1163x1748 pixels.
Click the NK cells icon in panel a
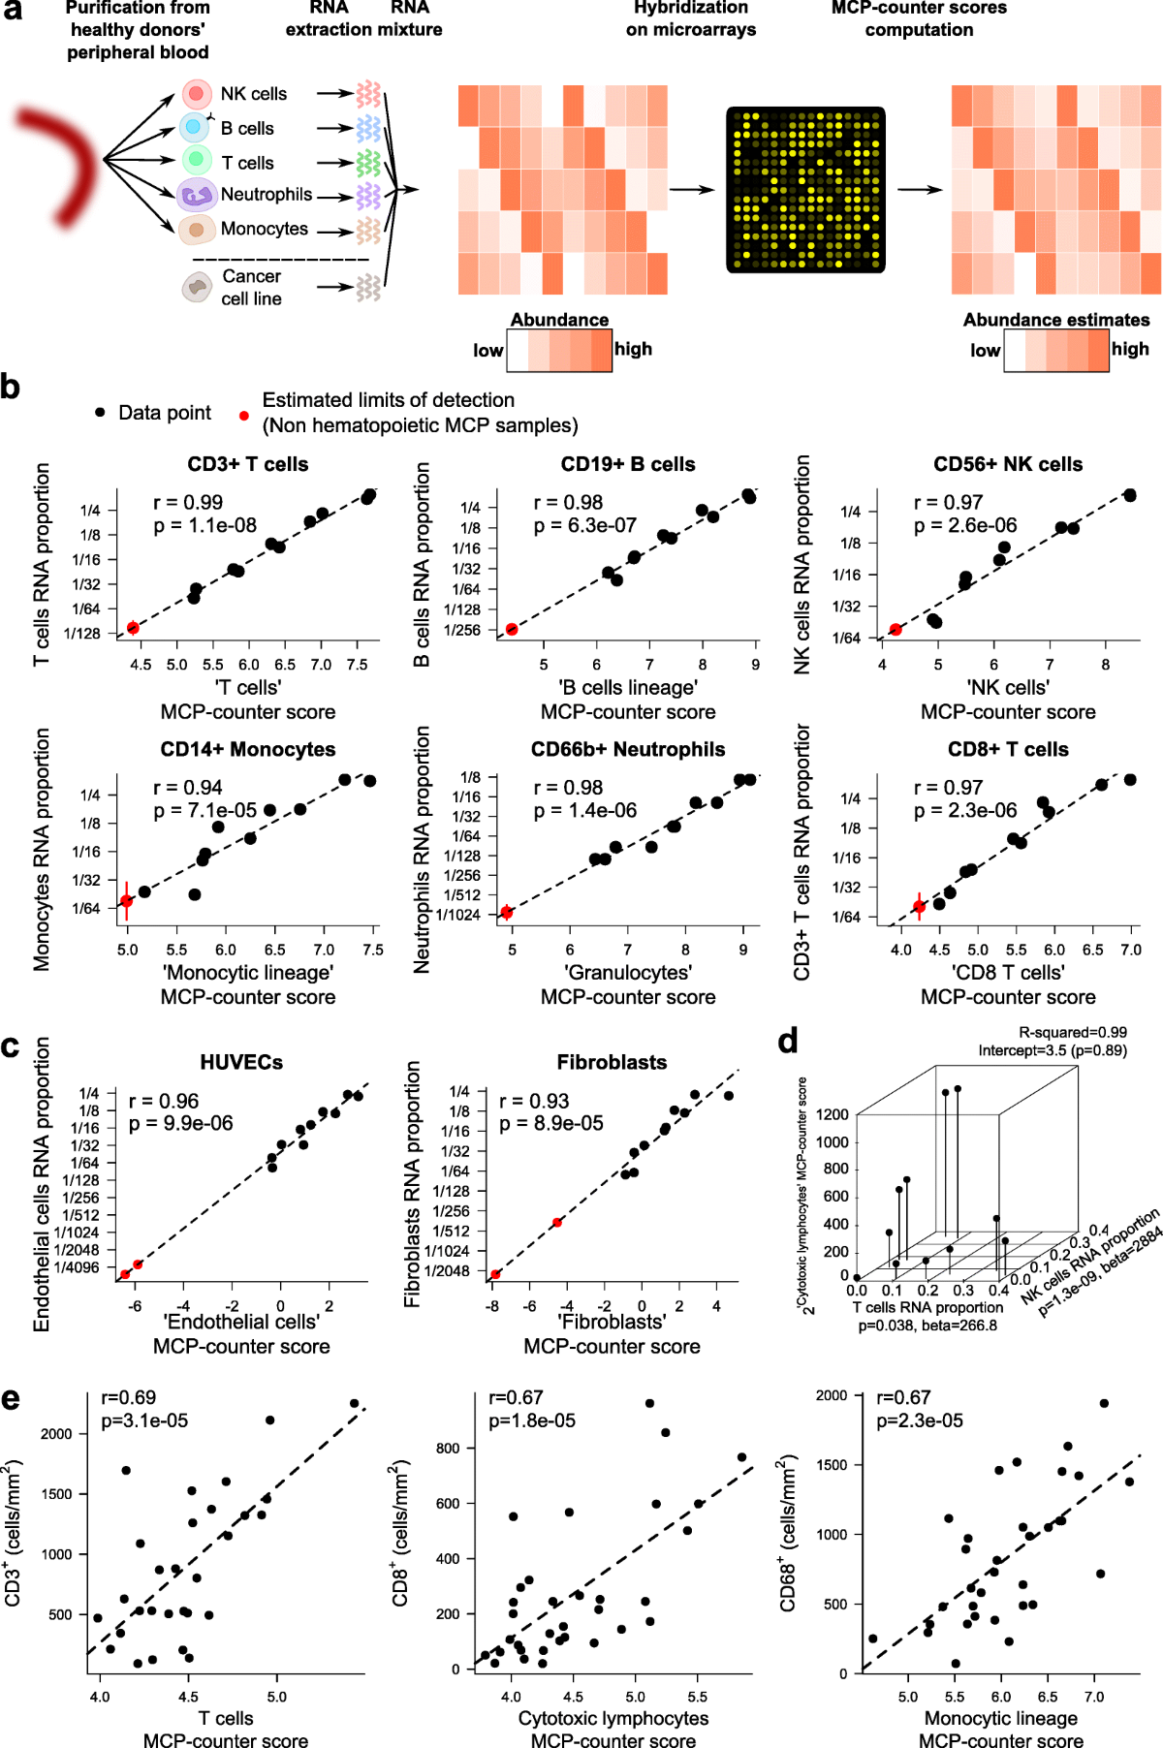pos(197,94)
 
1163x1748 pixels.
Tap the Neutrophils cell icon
pos(197,195)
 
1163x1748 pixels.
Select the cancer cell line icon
pos(198,287)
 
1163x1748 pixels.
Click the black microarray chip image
pos(805,190)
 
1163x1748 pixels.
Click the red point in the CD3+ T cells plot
pos(134,628)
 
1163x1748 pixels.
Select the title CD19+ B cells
pos(628,464)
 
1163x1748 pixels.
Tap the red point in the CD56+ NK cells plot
pos(896,630)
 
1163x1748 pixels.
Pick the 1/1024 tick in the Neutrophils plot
pos(458,915)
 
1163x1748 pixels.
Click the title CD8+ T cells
pos(1008,749)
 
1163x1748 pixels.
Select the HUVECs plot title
pos(241,1062)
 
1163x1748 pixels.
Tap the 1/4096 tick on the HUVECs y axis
pos(77,1267)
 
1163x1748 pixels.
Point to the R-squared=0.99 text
pos(1072,1033)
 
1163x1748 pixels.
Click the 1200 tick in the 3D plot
pos(833,1114)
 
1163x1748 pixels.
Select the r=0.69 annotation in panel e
pos(129,1397)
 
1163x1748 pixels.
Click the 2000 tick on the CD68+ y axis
pos(832,1395)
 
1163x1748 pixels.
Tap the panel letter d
pos(788,1041)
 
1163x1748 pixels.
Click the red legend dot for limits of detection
pos(244,415)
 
